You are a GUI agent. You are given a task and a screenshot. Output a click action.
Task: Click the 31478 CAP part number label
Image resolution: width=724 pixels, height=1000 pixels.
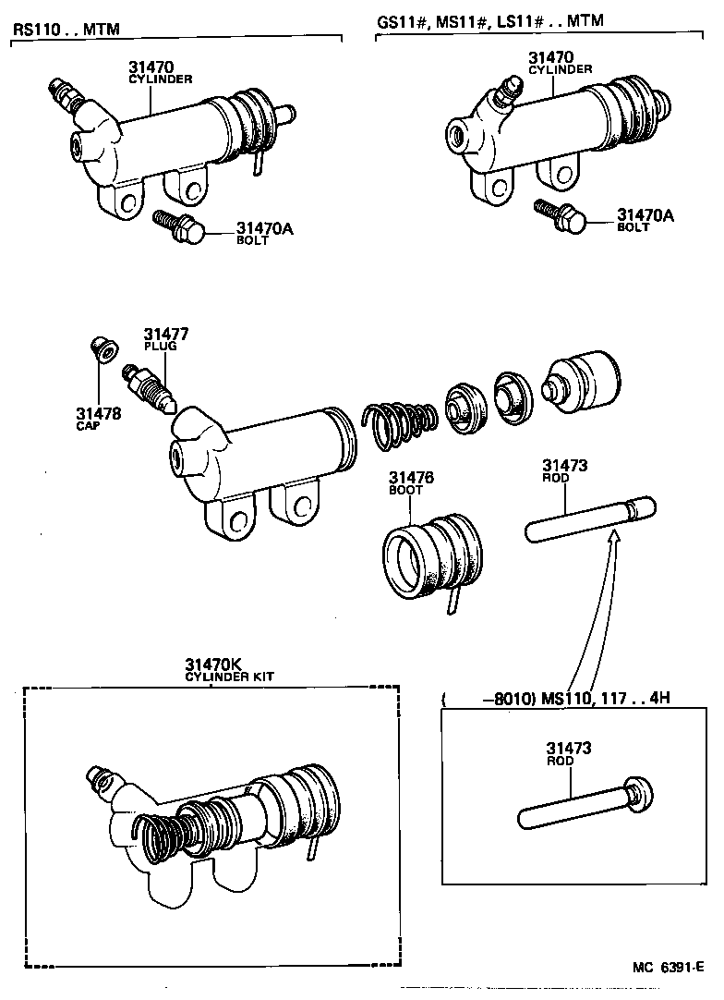pos(98,418)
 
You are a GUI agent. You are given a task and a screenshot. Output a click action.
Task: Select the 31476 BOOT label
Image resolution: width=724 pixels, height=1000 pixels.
pos(411,482)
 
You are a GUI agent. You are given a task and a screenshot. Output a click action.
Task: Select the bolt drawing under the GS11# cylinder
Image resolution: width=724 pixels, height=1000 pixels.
pos(560,216)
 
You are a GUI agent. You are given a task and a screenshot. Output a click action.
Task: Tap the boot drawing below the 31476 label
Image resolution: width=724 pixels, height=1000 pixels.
pos(431,560)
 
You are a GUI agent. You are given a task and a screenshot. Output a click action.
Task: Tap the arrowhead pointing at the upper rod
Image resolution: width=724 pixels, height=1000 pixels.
pos(613,538)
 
